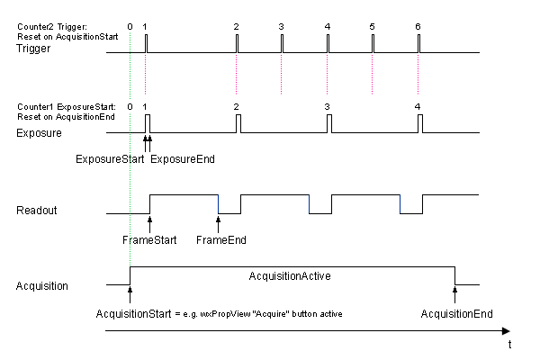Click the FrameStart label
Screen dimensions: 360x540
pos(148,240)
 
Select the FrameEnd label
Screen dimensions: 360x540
pos(220,240)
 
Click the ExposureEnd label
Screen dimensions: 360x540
pos(182,159)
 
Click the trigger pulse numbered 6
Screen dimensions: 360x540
pos(418,43)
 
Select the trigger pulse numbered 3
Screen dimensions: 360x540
pos(282,43)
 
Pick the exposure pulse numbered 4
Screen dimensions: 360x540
pos(418,124)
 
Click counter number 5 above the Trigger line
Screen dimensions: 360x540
pos(372,26)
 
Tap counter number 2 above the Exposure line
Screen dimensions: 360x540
pos(236,107)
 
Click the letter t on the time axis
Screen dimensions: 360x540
pos(509,344)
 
